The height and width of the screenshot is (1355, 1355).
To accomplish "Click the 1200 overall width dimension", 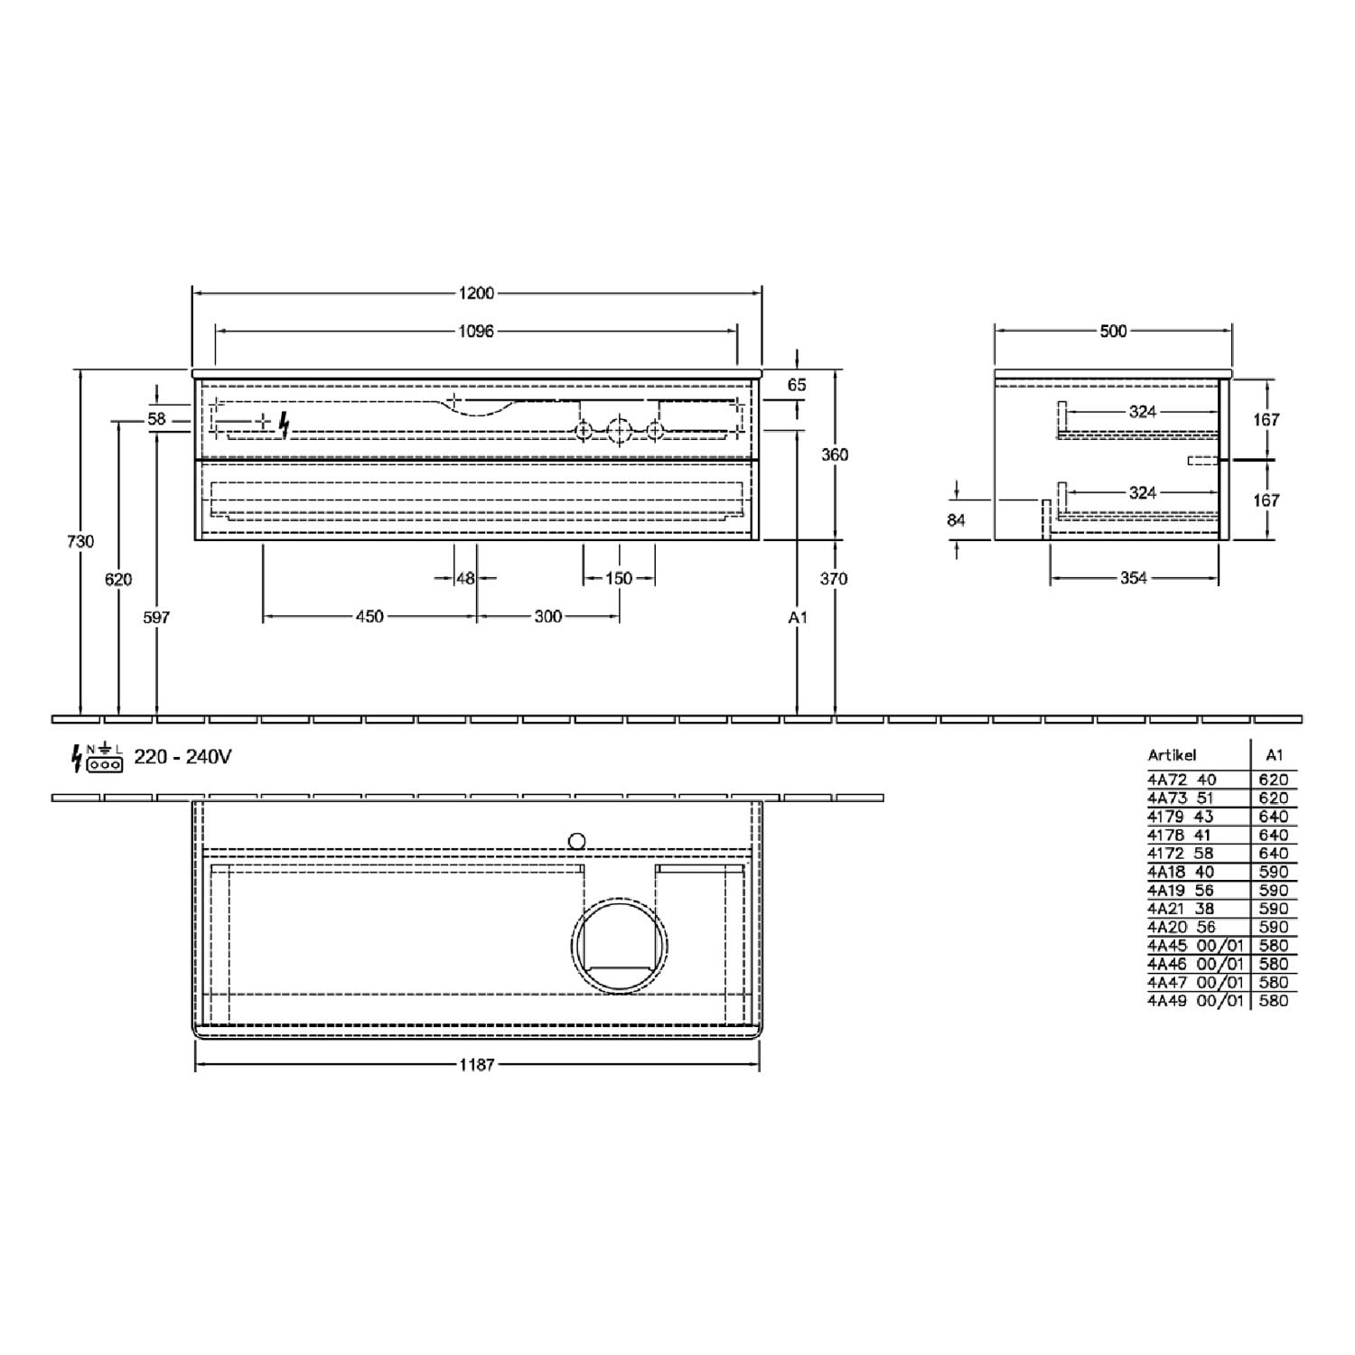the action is (x=476, y=293).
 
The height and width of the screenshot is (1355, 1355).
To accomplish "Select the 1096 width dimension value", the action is (x=476, y=332).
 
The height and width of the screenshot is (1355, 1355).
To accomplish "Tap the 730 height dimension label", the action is (x=80, y=541).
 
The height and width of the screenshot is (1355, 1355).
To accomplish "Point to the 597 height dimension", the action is (x=156, y=617).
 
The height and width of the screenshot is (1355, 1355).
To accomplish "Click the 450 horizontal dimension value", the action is (x=369, y=617).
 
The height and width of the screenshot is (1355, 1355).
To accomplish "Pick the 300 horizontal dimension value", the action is (x=548, y=617).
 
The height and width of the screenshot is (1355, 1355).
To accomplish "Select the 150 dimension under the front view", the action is (x=619, y=578).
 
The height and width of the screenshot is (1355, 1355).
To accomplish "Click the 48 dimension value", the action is (x=465, y=578).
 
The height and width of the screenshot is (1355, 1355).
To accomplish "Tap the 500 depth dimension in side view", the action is (x=1113, y=332).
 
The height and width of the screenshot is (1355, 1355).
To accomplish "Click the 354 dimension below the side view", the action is (x=1133, y=578).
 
